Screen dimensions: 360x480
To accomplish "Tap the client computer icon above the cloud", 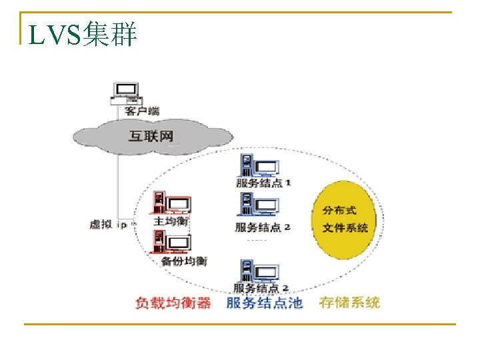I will coord(125,94).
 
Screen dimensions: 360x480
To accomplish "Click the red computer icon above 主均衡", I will coord(171,203).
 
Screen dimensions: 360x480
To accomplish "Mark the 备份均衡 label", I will coord(184,261).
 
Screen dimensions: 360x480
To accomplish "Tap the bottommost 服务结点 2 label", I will coord(261,288).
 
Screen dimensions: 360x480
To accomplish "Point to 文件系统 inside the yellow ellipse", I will coord(345,228).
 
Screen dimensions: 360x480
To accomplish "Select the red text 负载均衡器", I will coord(173,303).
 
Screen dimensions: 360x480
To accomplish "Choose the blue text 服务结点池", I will coord(264,303).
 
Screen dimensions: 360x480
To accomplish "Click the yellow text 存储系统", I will coord(349,303).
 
